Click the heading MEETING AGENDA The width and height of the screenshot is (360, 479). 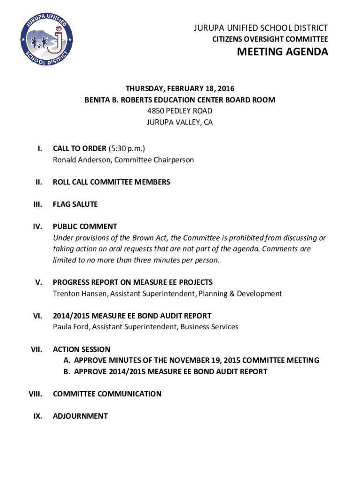point(282,52)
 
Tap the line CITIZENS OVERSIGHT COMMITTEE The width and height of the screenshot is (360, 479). point(270,40)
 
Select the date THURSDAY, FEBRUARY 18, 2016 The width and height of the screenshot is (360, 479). point(180,88)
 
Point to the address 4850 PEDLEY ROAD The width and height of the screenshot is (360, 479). point(180,111)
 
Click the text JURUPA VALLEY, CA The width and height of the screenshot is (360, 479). point(180,123)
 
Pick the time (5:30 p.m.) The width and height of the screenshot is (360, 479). point(127,149)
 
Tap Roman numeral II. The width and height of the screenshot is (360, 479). point(39,182)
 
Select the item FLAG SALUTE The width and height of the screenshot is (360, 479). point(75,204)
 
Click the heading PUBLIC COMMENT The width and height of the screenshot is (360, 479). point(85,226)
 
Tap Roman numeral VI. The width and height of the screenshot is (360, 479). point(38,316)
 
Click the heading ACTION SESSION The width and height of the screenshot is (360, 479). point(81,349)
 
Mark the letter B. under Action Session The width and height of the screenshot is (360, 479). point(67,372)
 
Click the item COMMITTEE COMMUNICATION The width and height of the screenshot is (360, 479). point(107,394)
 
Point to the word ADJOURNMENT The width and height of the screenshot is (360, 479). point(80,416)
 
